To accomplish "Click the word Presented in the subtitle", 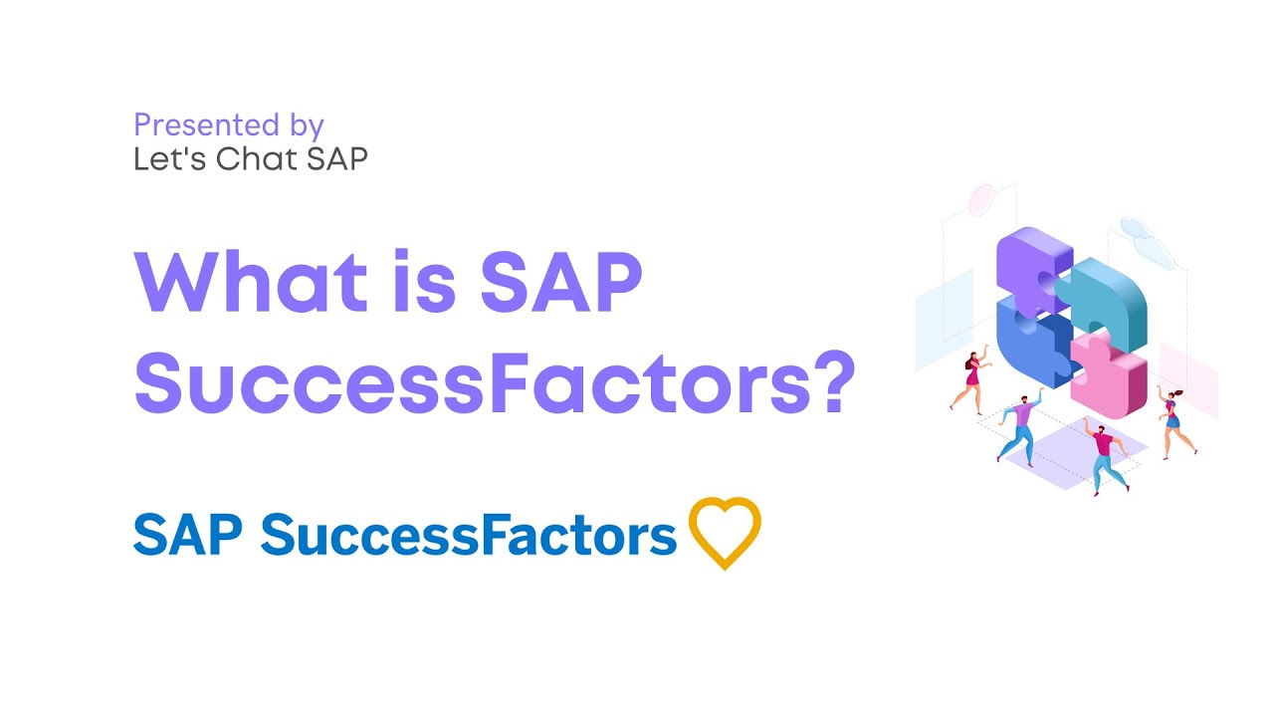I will click(205, 125).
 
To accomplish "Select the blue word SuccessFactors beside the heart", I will click(468, 535).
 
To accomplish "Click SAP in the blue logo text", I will click(188, 535).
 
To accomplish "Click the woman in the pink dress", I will click(971, 377).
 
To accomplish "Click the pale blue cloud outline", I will click(1146, 234).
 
